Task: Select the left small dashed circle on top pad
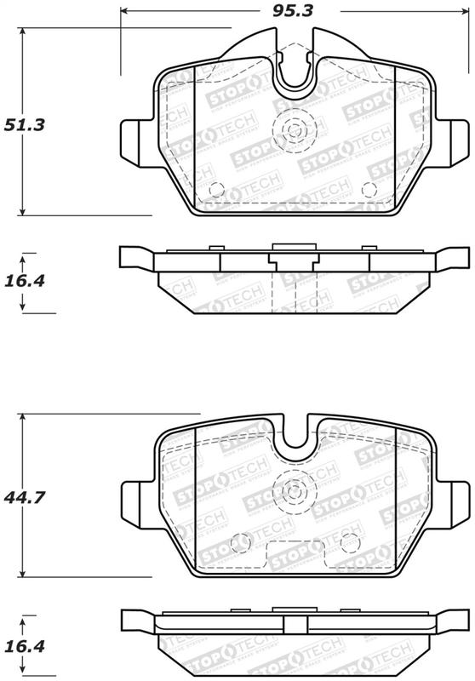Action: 216,190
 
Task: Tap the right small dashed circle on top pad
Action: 369,190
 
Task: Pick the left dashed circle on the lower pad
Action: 242,540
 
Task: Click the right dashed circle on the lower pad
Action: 348,540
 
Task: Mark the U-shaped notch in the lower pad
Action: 295,438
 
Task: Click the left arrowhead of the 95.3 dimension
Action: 124,12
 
